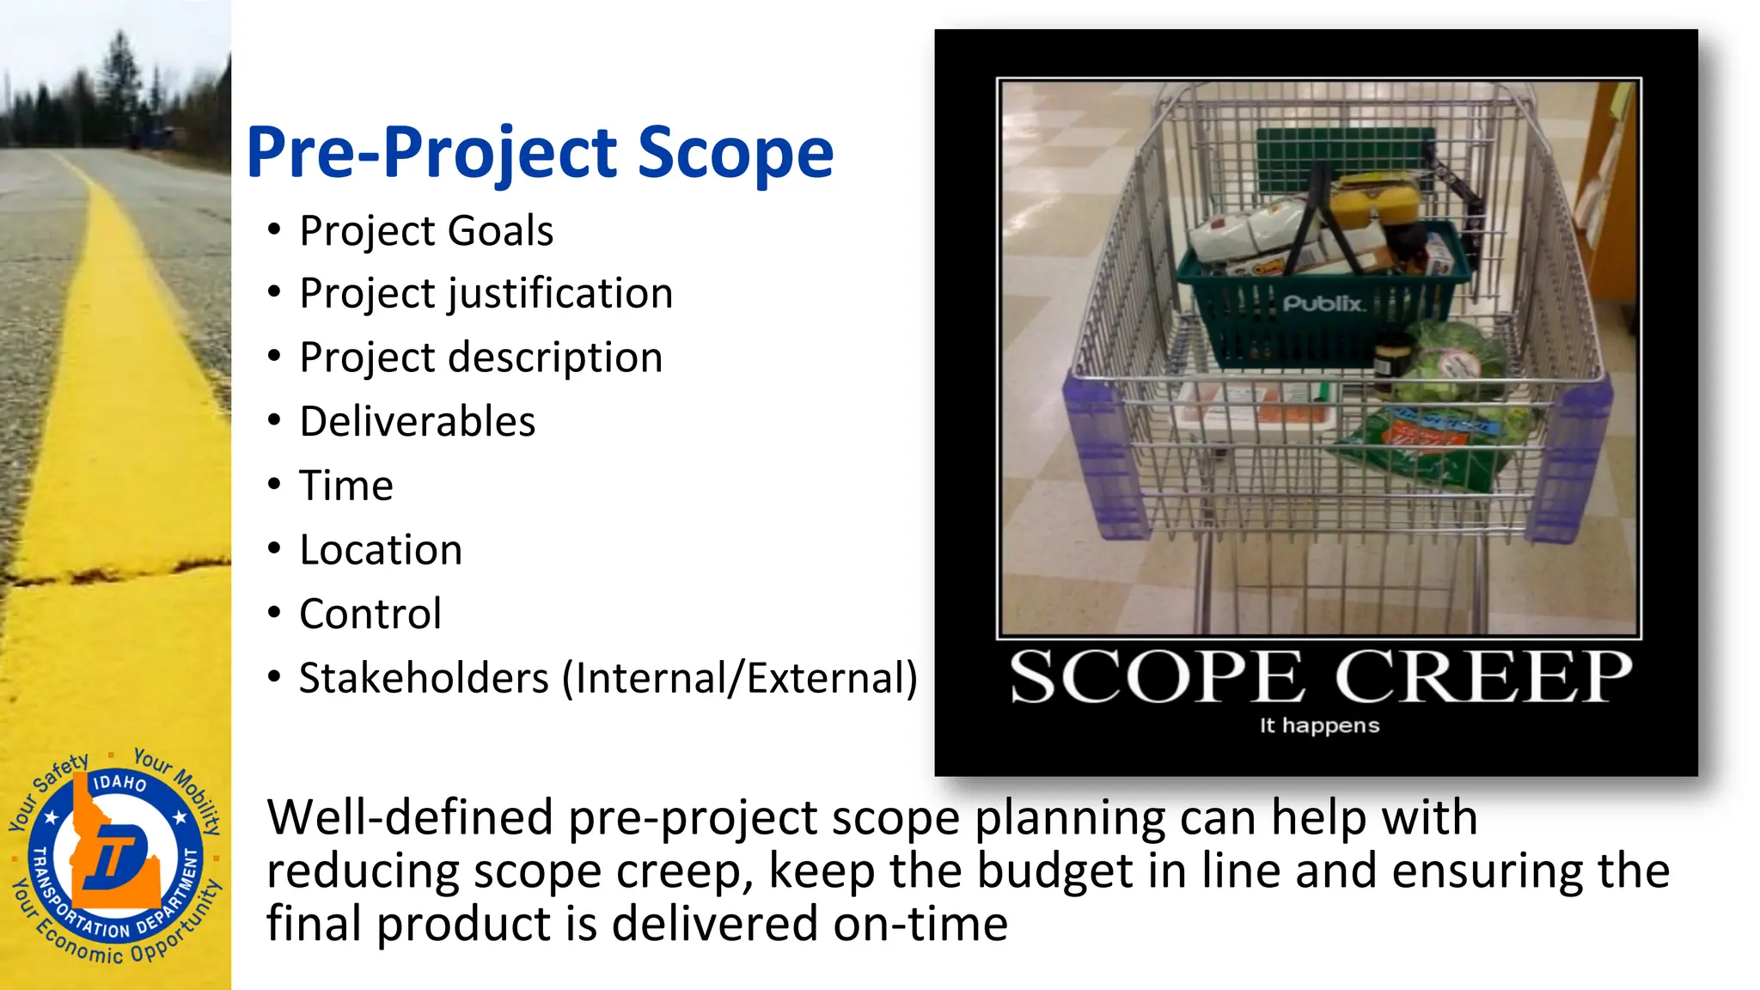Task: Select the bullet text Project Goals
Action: pyautogui.click(x=426, y=231)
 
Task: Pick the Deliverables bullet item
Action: pyautogui.click(x=418, y=422)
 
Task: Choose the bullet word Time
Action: pyautogui.click(x=346, y=486)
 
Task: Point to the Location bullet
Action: pyautogui.click(x=381, y=550)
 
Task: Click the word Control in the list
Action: pyautogui.click(x=370, y=614)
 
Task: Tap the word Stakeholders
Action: pyautogui.click(x=424, y=678)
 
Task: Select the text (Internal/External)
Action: pyautogui.click(x=740, y=678)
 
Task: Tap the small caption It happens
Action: pyautogui.click(x=1319, y=726)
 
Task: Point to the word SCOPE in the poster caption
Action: pyautogui.click(x=1157, y=678)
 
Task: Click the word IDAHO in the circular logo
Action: pyautogui.click(x=119, y=782)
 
